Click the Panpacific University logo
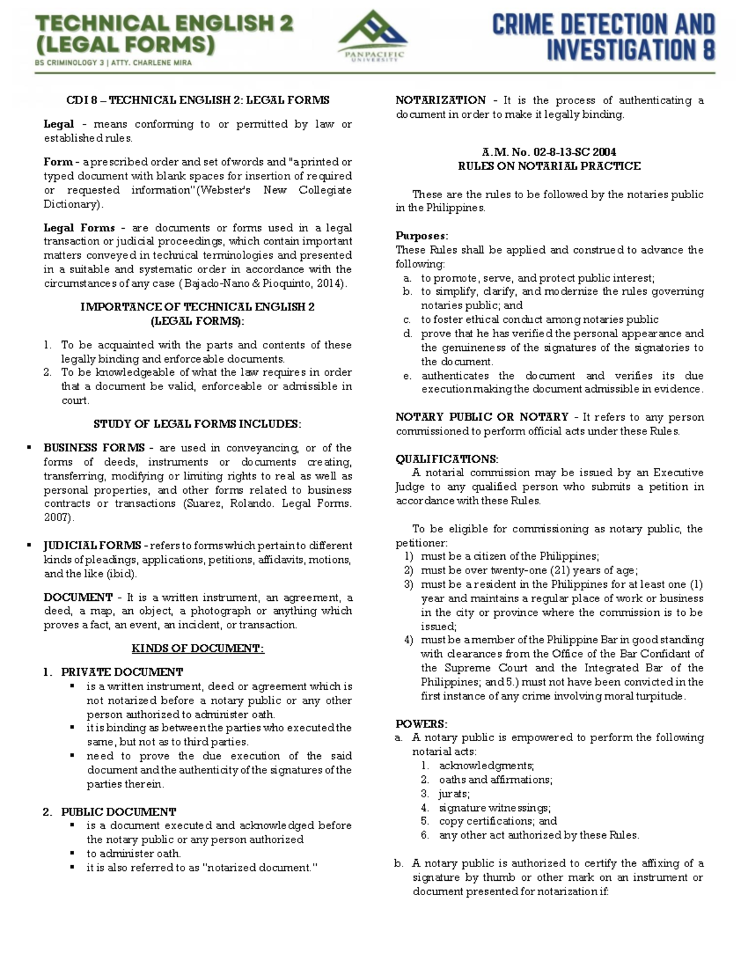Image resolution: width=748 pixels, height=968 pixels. tap(373, 36)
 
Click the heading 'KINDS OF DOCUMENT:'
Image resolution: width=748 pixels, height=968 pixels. tap(198, 648)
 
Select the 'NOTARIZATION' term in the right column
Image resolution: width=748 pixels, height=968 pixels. tap(441, 100)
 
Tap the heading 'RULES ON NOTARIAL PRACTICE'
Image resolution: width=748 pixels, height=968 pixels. tap(549, 166)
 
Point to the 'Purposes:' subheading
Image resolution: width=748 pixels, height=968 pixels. tap(421, 236)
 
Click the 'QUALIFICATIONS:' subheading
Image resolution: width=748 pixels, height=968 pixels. tap(446, 459)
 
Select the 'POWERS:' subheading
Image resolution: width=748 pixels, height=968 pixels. tap(421, 724)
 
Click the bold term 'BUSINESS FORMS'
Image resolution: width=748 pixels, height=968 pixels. tap(93, 448)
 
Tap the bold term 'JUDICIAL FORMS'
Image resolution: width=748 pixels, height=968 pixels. tap(92, 545)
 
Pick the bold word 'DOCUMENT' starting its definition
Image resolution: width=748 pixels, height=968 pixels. tap(78, 597)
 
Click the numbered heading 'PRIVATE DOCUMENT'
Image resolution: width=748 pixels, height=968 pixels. tap(122, 672)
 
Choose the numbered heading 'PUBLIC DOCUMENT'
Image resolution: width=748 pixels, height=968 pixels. tap(118, 812)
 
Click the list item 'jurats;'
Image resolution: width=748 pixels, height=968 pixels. tap(454, 793)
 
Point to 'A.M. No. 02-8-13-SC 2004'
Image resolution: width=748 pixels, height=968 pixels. tap(549, 151)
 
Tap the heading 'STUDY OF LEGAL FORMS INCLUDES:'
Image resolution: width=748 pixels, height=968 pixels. tap(197, 424)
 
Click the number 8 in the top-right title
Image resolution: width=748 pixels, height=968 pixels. tap(707, 49)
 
